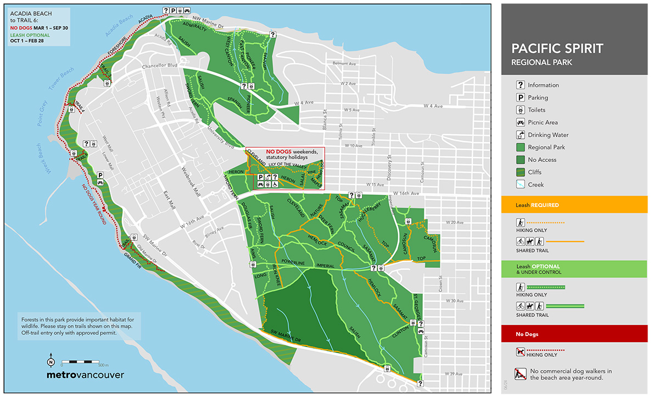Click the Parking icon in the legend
[520, 98]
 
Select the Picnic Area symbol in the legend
[520, 122]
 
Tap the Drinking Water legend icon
[520, 135]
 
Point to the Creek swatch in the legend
[520, 184]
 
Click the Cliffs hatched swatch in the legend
[520, 172]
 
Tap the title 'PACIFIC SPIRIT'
[557, 49]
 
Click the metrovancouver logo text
[85, 376]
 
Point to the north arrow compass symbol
[51, 361]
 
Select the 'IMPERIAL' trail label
[325, 266]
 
